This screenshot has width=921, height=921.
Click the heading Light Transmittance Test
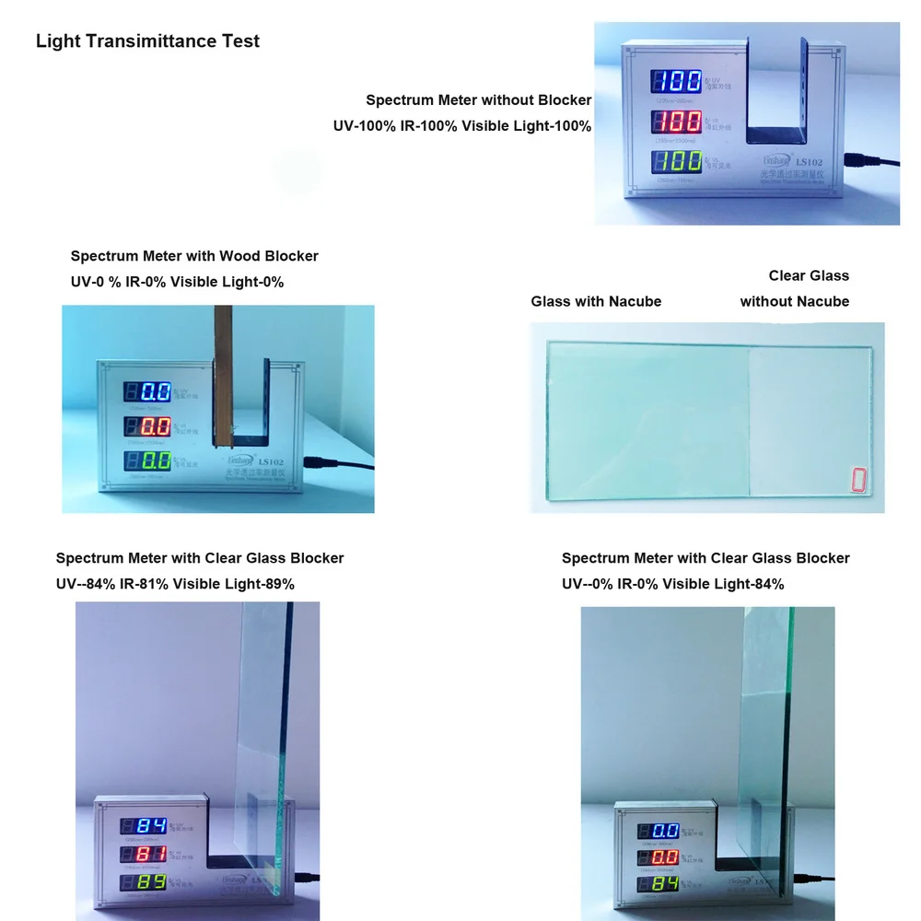[x=147, y=41]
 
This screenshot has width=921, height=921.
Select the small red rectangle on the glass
[x=859, y=480]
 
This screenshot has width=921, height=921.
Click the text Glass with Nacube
[x=596, y=301]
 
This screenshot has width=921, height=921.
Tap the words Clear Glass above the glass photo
[x=809, y=275]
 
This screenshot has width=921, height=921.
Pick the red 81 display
[x=149, y=855]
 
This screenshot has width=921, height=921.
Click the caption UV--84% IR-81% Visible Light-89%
[x=175, y=584]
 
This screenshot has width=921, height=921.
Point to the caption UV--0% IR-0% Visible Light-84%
[x=672, y=584]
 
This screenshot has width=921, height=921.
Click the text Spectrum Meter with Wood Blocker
[x=194, y=256]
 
